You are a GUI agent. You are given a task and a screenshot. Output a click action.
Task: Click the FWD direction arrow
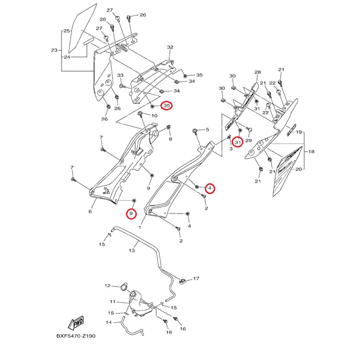point(76,323)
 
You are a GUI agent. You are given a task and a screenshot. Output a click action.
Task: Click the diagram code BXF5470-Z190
point(76,336)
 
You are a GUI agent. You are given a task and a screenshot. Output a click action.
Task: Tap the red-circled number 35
point(167,105)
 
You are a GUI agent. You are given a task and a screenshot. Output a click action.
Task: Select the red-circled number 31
point(238,142)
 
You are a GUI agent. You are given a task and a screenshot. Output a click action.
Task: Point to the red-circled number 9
point(131,213)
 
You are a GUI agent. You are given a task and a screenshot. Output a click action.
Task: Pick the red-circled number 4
point(210,188)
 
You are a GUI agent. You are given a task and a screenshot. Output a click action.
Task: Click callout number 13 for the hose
point(132,250)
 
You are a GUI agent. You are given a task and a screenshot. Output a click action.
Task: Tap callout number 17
point(196,278)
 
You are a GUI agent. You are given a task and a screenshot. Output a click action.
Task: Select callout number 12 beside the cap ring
point(108,286)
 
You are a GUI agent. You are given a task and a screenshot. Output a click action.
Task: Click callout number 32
point(170,47)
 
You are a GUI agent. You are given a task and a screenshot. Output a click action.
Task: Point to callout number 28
point(258,72)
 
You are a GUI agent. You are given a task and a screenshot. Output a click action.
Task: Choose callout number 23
point(54,50)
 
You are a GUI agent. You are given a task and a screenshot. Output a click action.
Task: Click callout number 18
point(311,152)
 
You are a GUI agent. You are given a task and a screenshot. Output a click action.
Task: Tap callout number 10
point(155,115)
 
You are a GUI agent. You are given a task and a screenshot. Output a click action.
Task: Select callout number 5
point(207,130)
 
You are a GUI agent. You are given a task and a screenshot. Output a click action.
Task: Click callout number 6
point(90,211)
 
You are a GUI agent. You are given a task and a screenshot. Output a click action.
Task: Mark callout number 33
point(120,75)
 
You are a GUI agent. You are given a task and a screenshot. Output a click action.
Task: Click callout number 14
point(109,323)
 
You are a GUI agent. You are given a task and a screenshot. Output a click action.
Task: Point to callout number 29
point(249,140)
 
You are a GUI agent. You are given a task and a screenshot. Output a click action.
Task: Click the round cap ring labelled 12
point(123,287)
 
